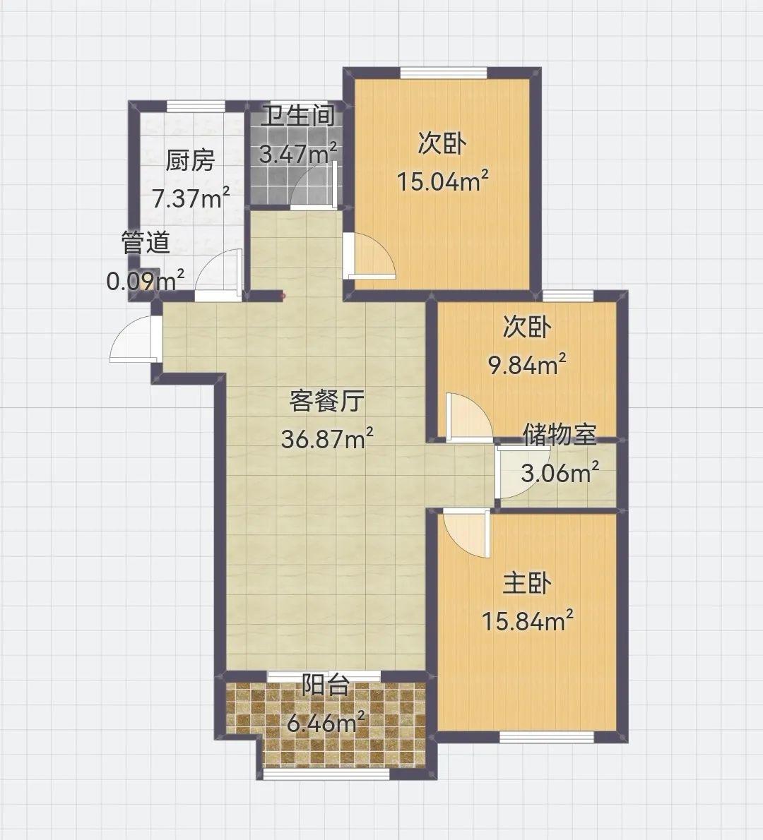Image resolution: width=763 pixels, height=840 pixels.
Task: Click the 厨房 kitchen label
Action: tap(190, 160)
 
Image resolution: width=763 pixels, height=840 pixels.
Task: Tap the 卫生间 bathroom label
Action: tap(298, 116)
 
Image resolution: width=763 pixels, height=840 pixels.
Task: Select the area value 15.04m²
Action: tap(442, 181)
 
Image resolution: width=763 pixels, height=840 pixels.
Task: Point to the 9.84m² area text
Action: tap(526, 365)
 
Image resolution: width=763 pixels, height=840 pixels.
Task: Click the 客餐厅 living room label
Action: tap(327, 401)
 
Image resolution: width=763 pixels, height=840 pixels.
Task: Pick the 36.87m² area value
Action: tap(327, 439)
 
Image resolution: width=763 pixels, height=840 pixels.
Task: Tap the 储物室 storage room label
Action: tap(560, 434)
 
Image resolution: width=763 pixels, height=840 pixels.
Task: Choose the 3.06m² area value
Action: tap(560, 473)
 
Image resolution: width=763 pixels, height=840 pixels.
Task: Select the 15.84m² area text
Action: tap(528, 621)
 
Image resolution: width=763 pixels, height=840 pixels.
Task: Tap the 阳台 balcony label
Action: tap(326, 685)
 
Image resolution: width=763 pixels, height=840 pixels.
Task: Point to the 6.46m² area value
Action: tap(326, 724)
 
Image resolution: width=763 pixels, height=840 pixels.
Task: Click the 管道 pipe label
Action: tap(146, 242)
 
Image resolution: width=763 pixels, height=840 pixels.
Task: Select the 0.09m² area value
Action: tap(146, 280)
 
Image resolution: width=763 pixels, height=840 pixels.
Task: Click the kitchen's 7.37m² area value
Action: tap(191, 198)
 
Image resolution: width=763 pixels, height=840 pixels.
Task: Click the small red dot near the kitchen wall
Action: tap(283, 294)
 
